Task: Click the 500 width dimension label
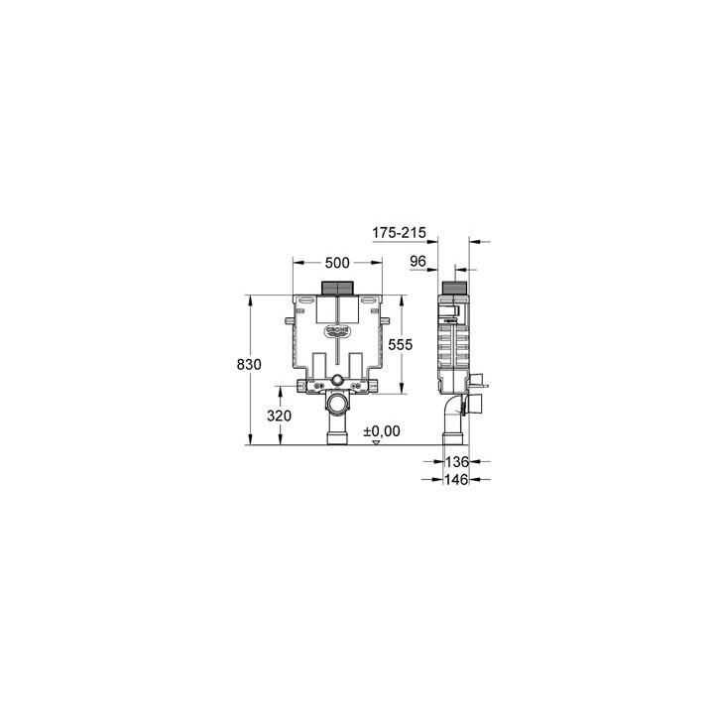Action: coord(337,263)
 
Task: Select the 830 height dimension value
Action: coord(249,365)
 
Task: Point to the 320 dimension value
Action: coord(280,416)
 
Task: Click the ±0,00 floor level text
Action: coord(381,430)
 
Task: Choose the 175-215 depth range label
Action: coord(399,233)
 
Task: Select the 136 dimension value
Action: coord(456,461)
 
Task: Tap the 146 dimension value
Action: coord(456,478)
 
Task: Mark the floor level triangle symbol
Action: coord(375,442)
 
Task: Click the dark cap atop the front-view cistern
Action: coord(337,290)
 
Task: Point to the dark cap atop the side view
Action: coord(453,291)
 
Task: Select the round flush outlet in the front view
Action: coord(337,382)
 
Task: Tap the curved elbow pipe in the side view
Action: coord(453,409)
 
